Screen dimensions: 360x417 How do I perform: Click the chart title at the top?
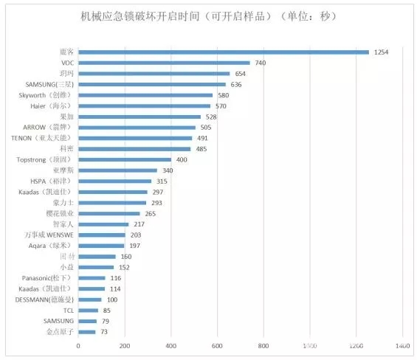pyautogui.click(x=208, y=16)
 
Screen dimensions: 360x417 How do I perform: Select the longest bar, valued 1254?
pyautogui.click(x=223, y=52)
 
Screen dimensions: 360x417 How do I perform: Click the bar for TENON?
pyautogui.click(x=135, y=138)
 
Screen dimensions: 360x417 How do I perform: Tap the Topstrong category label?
pyautogui.click(x=44, y=159)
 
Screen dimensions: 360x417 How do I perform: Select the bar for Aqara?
pyautogui.click(x=101, y=245)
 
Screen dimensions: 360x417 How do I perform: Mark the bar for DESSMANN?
pyautogui.click(x=90, y=299)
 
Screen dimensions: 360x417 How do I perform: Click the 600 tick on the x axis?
pyautogui.click(x=218, y=345)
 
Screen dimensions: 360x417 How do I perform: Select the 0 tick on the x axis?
pyautogui.click(x=78, y=345)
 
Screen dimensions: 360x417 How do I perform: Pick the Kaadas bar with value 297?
pyautogui.click(x=112, y=192)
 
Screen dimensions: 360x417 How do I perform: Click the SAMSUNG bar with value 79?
pyautogui.click(x=87, y=321)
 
